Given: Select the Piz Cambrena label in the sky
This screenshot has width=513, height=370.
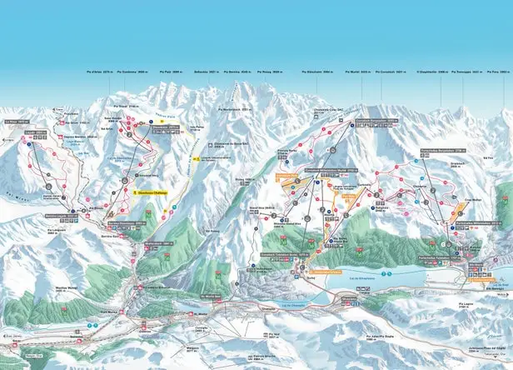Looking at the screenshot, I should click(132, 72).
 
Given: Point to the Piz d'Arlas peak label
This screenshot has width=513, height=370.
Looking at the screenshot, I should click(97, 72).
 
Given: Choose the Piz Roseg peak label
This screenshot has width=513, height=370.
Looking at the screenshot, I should click(261, 72).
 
